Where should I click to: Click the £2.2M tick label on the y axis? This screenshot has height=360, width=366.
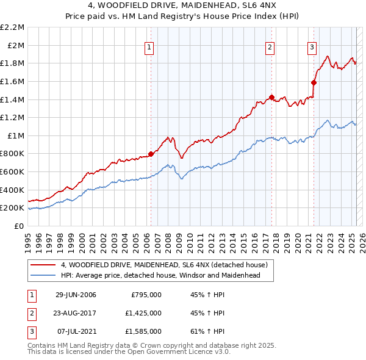pos(12,27)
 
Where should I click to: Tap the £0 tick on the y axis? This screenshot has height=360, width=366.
pos(20,226)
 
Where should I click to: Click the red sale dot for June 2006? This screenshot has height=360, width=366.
pos(151,154)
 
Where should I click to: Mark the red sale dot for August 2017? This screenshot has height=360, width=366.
pos(271,96)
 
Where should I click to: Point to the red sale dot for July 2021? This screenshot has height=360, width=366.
pos(314,82)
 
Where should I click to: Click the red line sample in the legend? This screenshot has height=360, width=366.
pos(43,265)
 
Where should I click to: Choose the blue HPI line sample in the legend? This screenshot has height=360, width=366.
pos(43,275)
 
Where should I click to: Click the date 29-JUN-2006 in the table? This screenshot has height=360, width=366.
pos(76,295)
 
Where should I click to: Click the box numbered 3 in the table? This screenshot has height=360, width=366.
pos(30,331)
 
